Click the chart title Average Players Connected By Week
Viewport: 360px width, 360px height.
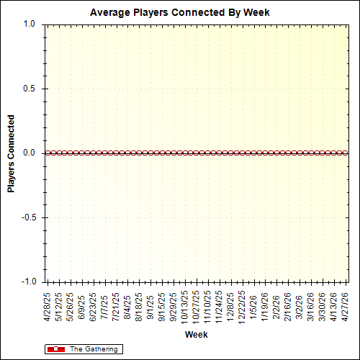coord(180,12)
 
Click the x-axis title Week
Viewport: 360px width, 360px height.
coord(197,335)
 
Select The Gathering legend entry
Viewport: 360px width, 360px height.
coord(93,349)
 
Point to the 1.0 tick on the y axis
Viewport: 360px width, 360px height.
coord(30,24)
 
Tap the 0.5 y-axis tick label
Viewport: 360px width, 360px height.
coord(30,89)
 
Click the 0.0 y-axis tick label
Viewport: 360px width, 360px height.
coord(30,153)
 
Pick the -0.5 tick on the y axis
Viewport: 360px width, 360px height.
coord(28,217)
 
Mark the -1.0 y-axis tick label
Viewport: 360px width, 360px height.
coord(28,282)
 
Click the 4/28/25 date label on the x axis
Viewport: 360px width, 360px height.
coord(48,305)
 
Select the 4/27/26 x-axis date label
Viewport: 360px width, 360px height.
coord(347,305)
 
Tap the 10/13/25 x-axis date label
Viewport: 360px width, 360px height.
coord(186,307)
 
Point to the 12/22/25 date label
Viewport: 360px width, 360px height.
coord(243,307)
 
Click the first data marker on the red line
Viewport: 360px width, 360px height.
coord(48,153)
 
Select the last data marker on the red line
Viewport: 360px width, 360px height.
coord(346,153)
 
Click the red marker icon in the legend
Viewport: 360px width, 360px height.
coord(55,349)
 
